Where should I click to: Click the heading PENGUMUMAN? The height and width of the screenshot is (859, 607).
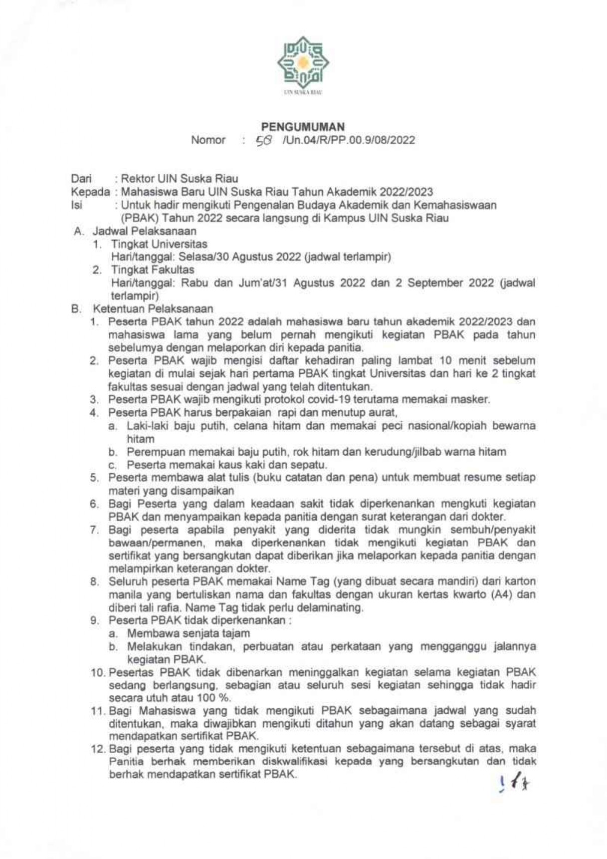[303, 127]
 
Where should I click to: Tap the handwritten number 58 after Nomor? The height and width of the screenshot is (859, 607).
[264, 141]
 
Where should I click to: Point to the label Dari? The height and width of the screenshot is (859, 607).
[81, 179]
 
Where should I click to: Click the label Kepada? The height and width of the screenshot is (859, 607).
[90, 192]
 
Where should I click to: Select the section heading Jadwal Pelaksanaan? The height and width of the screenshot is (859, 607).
[144, 231]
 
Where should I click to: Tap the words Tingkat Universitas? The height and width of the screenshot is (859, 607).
[159, 244]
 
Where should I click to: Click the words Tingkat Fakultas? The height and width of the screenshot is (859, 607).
[152, 270]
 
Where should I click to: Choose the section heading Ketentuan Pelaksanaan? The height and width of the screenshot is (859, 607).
[153, 308]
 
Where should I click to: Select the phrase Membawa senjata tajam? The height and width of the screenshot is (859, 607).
[188, 633]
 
